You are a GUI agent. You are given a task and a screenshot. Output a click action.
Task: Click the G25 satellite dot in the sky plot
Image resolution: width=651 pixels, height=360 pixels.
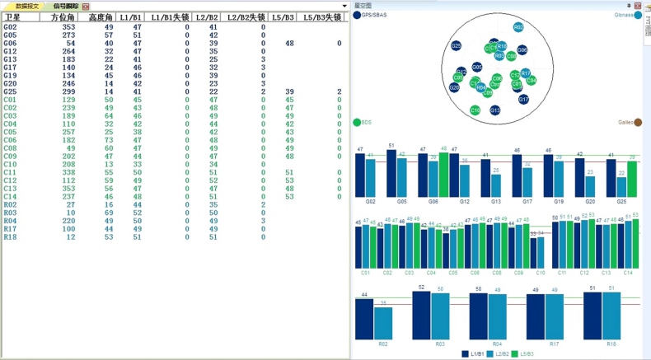click(456, 46)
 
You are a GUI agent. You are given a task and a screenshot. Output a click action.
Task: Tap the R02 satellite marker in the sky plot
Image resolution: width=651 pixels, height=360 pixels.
click(518, 27)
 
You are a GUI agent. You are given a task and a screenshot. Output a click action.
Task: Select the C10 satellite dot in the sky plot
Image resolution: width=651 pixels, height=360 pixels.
click(475, 110)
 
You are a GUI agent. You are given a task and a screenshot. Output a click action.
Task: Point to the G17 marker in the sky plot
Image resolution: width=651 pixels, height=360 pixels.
click(523, 100)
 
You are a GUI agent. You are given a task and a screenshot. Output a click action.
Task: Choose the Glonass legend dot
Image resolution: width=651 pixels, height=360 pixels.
click(639, 15)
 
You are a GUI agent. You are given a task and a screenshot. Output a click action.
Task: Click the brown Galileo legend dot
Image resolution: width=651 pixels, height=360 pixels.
click(638, 123)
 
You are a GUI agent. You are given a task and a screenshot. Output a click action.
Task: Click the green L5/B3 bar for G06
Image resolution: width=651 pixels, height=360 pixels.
click(443, 176)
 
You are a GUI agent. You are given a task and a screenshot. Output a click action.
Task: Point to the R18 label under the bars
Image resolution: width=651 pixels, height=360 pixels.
click(611, 343)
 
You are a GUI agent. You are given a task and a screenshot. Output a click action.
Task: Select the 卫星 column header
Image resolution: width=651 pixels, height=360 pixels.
click(13, 16)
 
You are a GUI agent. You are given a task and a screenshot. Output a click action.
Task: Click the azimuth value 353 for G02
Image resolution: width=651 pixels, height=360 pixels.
click(69, 27)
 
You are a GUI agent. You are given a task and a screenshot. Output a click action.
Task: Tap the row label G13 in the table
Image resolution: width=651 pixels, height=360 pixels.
click(10, 59)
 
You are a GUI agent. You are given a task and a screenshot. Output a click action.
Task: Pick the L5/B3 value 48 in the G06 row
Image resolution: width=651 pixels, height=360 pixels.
click(289, 44)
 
